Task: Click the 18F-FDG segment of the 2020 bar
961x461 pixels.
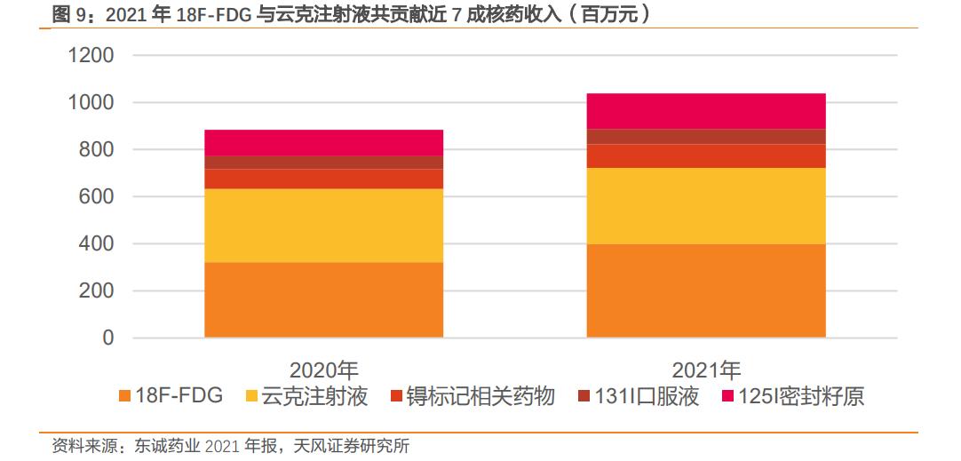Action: click(323, 300)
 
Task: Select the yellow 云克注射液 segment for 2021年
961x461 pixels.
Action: click(706, 206)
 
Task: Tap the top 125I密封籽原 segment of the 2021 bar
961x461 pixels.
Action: click(706, 111)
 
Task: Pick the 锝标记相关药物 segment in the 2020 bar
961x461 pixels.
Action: click(323, 179)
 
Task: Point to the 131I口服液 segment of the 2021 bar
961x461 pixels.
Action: click(706, 137)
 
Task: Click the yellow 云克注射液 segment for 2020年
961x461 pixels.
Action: click(323, 226)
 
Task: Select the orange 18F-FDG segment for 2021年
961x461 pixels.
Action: click(706, 291)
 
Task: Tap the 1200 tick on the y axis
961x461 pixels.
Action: click(91, 56)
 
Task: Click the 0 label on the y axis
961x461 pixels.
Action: click(108, 338)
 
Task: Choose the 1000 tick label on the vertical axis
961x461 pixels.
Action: click(91, 103)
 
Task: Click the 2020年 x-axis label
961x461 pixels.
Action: click(323, 370)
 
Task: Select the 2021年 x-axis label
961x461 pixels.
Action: click(706, 370)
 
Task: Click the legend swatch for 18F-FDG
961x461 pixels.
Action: click(123, 397)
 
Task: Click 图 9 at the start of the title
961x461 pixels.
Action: click(71, 13)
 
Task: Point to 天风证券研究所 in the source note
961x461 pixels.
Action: click(352, 446)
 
